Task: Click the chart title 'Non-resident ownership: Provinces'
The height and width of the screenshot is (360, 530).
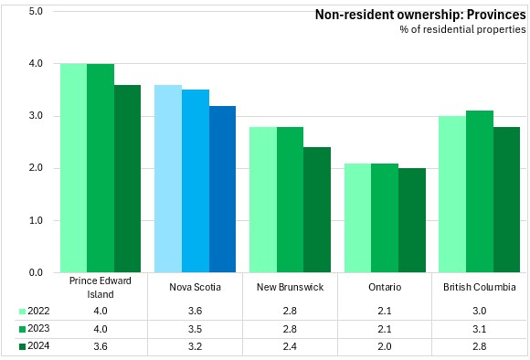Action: click(420, 15)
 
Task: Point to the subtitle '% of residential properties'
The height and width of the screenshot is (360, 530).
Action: click(462, 29)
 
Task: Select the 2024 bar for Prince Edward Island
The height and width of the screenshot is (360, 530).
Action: click(127, 179)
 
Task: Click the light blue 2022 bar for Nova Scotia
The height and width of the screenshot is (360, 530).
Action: click(168, 179)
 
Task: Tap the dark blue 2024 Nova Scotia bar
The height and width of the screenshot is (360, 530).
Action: click(222, 189)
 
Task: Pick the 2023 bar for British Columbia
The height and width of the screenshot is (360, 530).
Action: click(480, 192)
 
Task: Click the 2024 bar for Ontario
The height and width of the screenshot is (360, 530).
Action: click(412, 220)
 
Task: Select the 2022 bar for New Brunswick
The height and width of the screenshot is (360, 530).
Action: click(263, 200)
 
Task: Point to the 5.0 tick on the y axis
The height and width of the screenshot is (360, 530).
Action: click(36, 12)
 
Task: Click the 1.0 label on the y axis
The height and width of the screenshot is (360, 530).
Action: click(36, 220)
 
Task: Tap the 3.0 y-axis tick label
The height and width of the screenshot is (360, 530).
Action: click(36, 116)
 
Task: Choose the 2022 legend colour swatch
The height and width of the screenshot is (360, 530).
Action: click(22, 312)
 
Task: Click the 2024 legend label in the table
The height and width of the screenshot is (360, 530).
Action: click(38, 345)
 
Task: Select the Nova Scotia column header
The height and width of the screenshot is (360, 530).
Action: click(195, 287)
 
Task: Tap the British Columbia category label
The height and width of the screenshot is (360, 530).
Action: click(480, 287)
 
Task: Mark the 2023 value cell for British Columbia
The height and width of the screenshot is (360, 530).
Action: click(480, 329)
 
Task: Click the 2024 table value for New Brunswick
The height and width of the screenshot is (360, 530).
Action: click(290, 346)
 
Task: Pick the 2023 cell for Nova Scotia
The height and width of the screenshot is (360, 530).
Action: click(195, 329)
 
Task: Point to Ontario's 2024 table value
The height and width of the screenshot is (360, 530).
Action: click(385, 346)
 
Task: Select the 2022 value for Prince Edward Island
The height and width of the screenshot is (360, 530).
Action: click(101, 311)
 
